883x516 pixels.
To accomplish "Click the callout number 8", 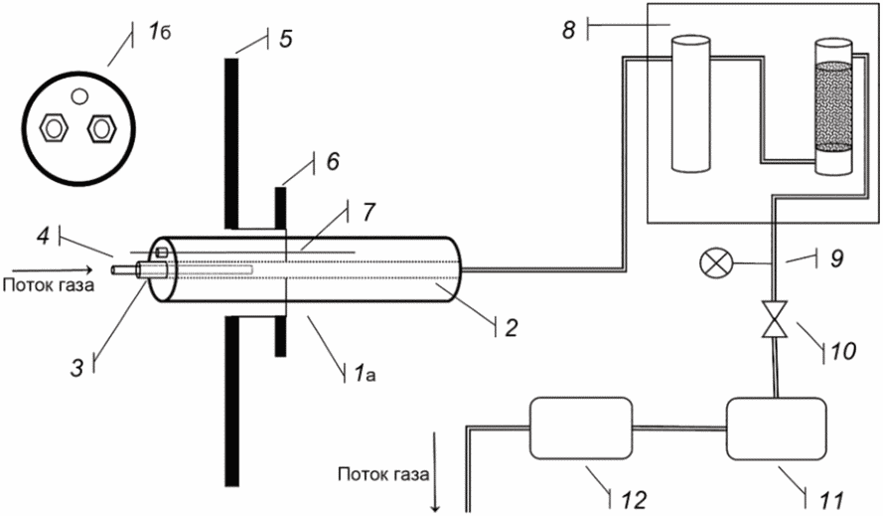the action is [569, 29].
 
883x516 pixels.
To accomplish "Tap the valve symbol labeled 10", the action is [775, 320].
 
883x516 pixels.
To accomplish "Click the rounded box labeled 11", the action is [777, 429].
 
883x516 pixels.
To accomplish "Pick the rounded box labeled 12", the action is [581, 429].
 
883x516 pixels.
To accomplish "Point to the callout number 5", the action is [286, 39].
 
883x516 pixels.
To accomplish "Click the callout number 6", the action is [333, 162].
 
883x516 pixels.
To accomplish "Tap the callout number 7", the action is [368, 212].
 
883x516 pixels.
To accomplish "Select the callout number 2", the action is [511, 328].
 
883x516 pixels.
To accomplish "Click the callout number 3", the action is [76, 368].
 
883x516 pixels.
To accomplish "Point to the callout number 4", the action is [44, 236].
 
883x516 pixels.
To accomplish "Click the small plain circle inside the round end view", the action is [79, 96].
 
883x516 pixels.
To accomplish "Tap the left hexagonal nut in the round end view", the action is [54, 128].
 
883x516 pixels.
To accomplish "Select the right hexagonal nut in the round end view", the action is [101, 128].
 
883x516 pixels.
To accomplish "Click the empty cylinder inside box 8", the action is [691, 103].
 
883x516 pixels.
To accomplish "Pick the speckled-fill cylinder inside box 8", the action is [833, 106].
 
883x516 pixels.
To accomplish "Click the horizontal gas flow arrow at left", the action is [51, 269].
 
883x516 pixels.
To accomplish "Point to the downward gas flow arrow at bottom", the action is [435, 472].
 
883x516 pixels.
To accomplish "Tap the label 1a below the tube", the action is [365, 373].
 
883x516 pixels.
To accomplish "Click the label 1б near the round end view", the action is [159, 33].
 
